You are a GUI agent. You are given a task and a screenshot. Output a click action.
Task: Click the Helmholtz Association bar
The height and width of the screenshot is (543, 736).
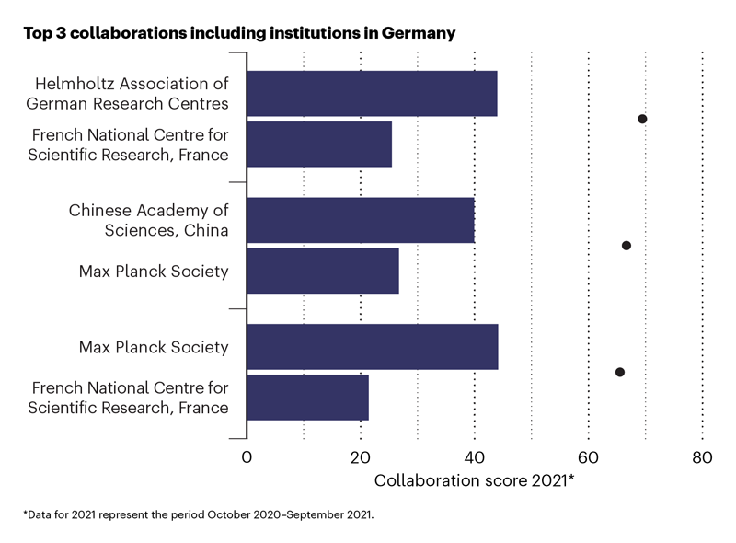[x=372, y=93]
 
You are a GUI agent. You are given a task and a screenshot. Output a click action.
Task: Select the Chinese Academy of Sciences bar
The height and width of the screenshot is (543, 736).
[x=361, y=220]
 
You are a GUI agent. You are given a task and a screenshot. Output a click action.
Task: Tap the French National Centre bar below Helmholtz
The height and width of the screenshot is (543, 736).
[x=319, y=144]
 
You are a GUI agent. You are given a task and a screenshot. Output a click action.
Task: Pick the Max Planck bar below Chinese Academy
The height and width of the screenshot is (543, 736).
[x=323, y=271]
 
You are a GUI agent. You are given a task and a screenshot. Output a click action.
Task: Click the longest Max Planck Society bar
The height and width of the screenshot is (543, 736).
[x=373, y=347]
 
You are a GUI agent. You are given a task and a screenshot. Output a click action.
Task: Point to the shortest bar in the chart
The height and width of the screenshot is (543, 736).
[x=307, y=398]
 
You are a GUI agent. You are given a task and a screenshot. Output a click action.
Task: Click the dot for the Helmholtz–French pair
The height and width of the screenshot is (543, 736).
[x=642, y=119]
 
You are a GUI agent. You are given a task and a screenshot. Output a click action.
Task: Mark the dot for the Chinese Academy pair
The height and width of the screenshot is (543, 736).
[x=627, y=246]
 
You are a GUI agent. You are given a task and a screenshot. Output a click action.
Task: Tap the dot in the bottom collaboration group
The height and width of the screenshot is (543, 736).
[x=619, y=372]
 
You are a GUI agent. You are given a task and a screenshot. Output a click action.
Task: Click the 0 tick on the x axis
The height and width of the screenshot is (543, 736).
[x=247, y=458]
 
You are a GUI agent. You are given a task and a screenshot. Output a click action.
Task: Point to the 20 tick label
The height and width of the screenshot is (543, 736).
[x=360, y=458]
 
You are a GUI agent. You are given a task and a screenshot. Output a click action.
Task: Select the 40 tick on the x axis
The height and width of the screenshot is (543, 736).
[x=474, y=458]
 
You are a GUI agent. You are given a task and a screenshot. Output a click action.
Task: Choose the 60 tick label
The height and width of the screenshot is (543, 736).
[x=588, y=458]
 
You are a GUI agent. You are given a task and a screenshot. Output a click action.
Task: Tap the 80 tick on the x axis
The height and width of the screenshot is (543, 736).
[x=702, y=458]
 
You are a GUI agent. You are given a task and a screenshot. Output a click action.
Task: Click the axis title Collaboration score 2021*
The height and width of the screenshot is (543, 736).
[x=474, y=480]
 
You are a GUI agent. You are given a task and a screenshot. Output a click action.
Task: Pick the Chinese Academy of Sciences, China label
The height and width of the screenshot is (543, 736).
[x=148, y=220]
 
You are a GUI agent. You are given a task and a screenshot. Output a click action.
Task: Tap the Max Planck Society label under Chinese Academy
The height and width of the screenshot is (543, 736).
[x=154, y=271]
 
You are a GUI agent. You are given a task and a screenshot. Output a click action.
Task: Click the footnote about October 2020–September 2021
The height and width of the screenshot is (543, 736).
[x=198, y=514]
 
